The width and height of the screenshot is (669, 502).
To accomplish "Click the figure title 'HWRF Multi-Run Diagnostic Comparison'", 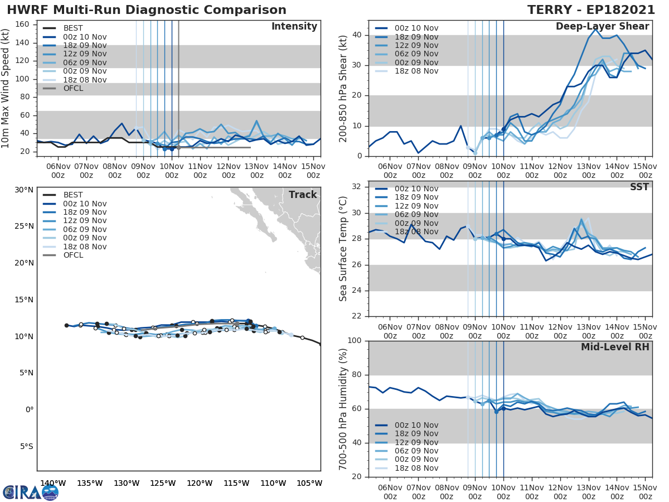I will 147,10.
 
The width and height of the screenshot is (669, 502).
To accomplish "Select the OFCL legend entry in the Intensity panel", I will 73,88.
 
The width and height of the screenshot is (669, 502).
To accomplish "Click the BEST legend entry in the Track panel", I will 72,195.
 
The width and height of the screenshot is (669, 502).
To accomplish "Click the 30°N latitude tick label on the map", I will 24,190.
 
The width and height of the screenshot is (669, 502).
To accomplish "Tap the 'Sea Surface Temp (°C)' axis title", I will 343,249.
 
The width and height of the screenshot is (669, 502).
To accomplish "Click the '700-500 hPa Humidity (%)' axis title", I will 343,408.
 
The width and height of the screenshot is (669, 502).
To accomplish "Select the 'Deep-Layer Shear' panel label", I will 602,27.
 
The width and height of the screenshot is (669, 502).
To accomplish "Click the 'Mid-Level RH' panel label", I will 615,347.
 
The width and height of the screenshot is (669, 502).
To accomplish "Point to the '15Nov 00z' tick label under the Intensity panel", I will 313,171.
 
